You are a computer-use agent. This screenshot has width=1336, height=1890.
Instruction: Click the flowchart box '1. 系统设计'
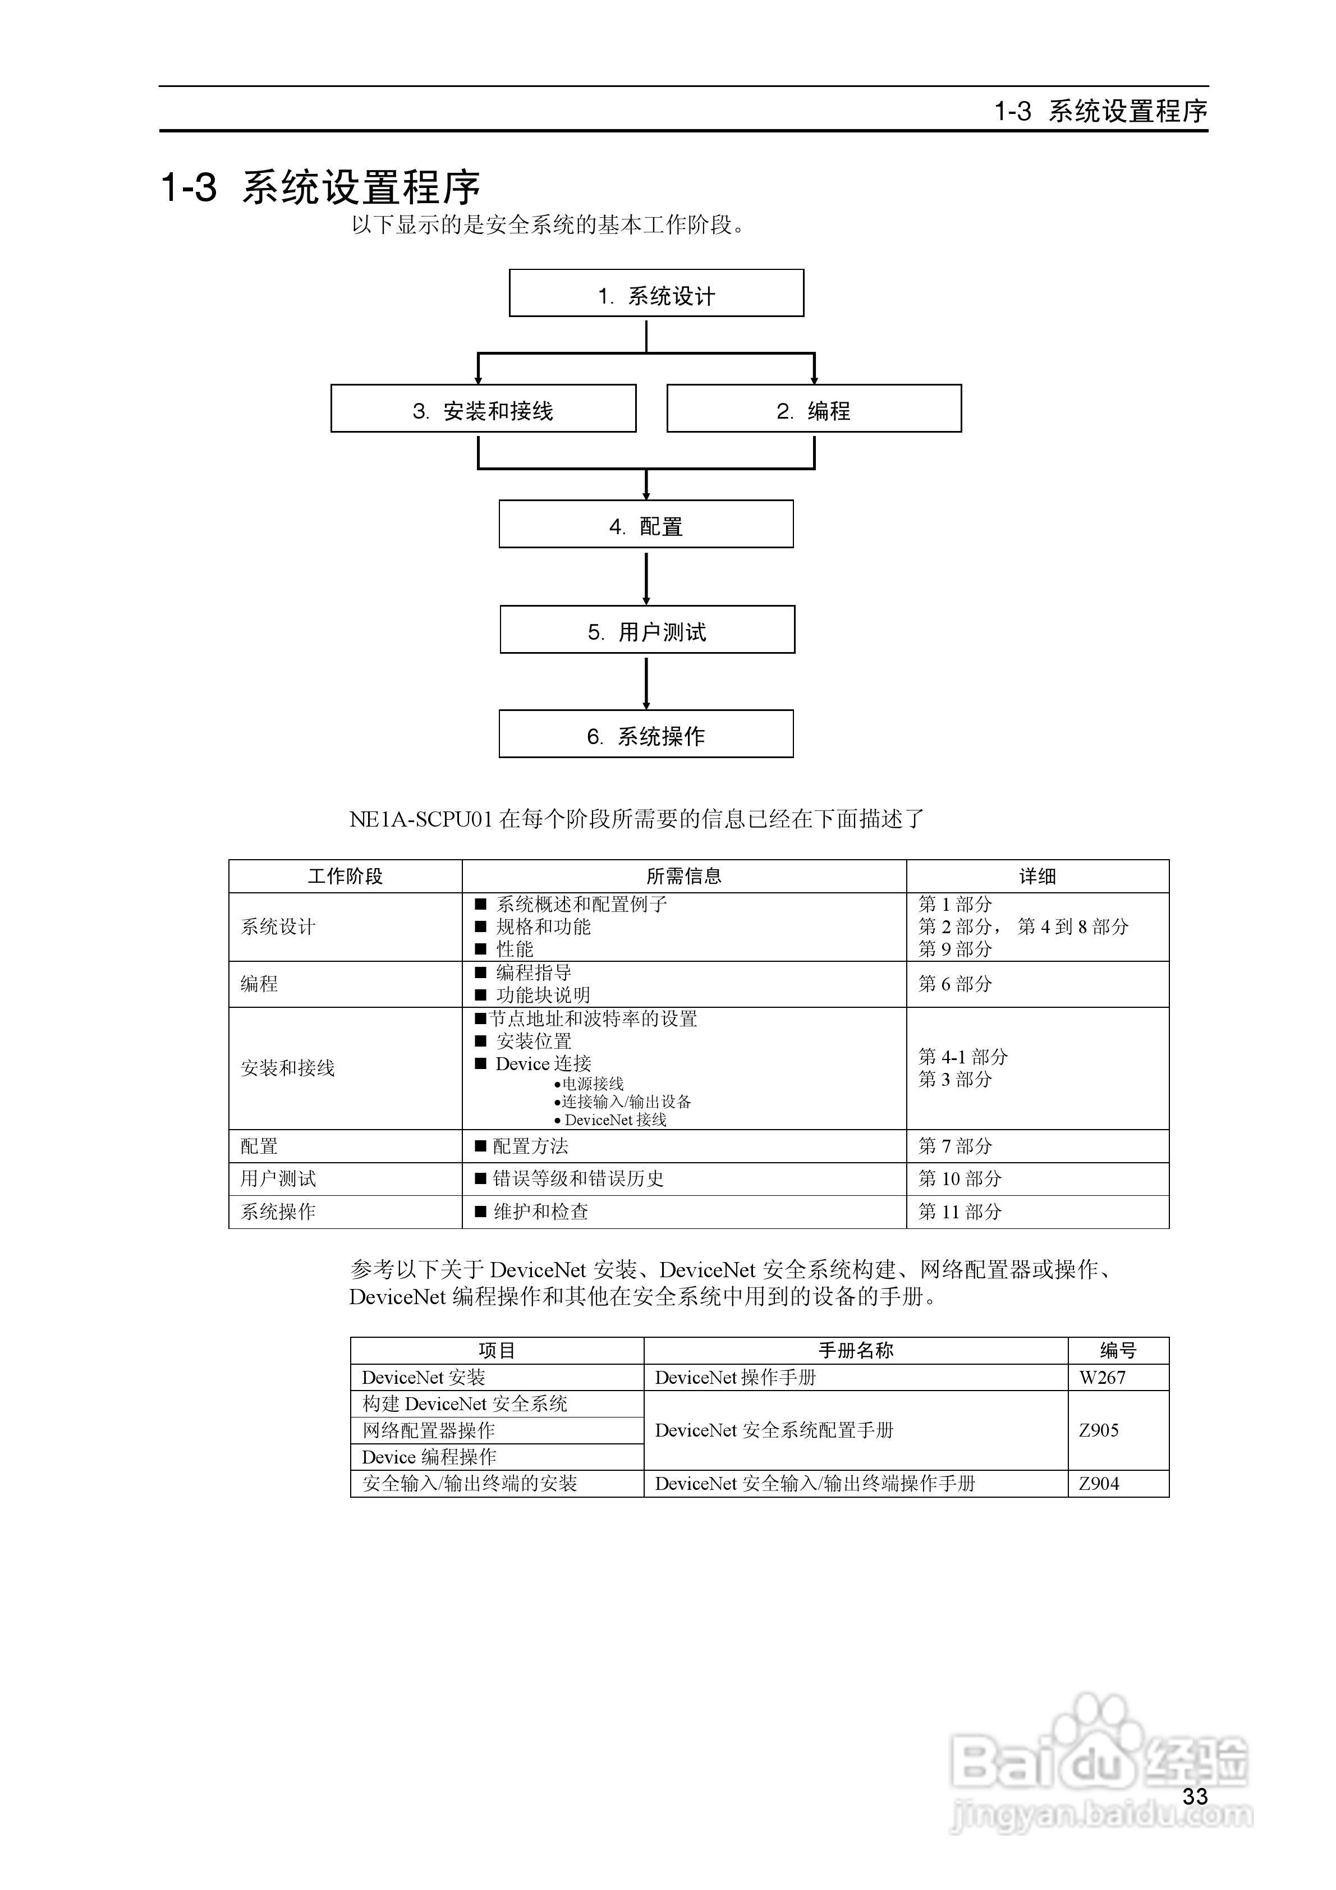click(x=656, y=293)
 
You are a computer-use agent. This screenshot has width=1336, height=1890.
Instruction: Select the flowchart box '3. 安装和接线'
click(x=483, y=409)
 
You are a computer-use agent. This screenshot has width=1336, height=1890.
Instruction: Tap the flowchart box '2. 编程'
click(x=813, y=409)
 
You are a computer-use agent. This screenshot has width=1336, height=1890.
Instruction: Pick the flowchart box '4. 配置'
click(x=646, y=524)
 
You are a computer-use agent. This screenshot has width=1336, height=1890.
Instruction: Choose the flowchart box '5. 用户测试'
click(x=647, y=630)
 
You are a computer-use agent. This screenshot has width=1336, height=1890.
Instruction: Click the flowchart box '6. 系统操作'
click(x=646, y=734)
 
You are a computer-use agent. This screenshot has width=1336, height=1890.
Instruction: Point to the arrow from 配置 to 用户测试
click(x=646, y=578)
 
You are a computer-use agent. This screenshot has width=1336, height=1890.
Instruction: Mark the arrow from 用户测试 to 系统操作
click(x=646, y=682)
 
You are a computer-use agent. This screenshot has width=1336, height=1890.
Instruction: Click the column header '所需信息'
click(x=683, y=877)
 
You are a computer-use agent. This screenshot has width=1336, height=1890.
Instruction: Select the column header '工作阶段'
click(x=345, y=877)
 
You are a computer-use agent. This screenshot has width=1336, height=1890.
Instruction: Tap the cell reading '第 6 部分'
click(x=955, y=984)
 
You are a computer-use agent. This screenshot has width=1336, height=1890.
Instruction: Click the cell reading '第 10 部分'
click(x=960, y=1179)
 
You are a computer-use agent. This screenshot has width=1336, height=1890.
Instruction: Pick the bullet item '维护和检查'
click(x=540, y=1212)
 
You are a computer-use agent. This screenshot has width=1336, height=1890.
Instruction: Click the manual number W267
click(x=1102, y=1377)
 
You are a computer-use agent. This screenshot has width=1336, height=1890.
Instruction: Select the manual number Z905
click(x=1099, y=1430)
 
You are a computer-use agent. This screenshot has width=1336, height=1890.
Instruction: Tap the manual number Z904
click(x=1099, y=1483)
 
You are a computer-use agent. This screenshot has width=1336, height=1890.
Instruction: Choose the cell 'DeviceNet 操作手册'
click(x=735, y=1377)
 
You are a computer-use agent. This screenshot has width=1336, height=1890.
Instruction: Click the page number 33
click(x=1195, y=1796)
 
